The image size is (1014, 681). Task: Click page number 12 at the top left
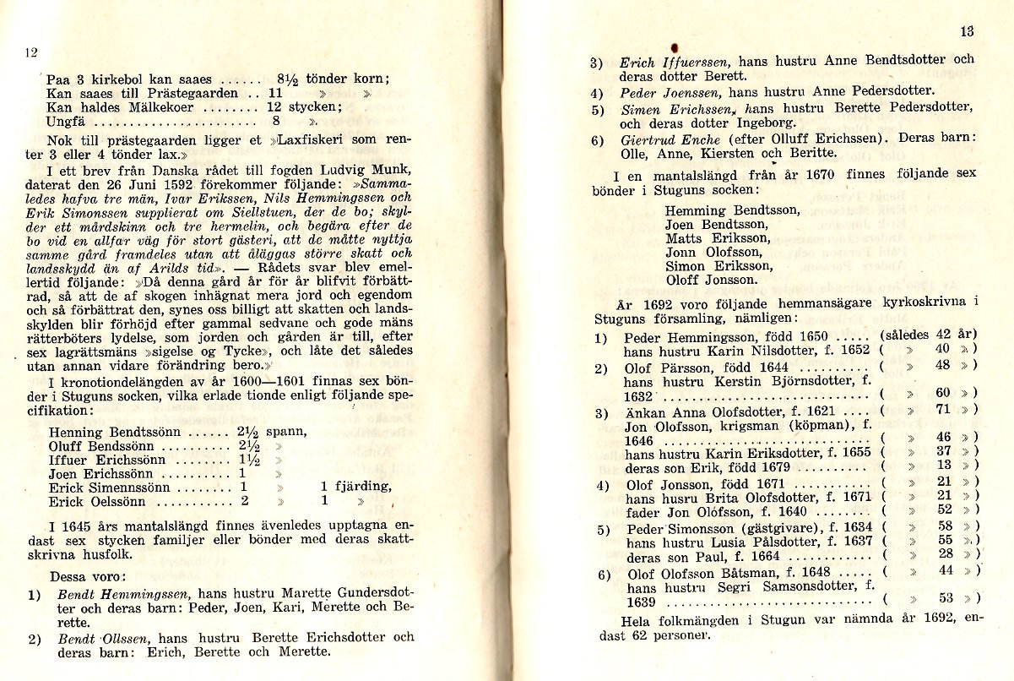point(31,52)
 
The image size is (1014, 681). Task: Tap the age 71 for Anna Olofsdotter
point(943,409)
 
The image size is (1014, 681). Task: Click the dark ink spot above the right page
point(675,46)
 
